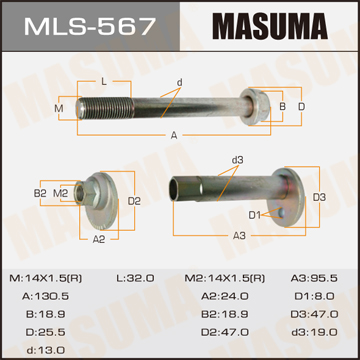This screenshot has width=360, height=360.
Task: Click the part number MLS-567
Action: pyautogui.click(x=90, y=26)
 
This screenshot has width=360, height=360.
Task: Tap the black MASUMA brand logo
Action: pyautogui.click(x=270, y=26)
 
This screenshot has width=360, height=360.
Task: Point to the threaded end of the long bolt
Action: pyautogui.click(x=105, y=107)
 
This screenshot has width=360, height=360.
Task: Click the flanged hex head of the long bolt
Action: pyautogui.click(x=252, y=107)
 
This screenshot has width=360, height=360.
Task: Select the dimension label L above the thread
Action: pyautogui.click(x=104, y=82)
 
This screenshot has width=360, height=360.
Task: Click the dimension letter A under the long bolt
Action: pyautogui.click(x=174, y=135)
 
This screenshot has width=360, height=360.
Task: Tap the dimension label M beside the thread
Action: pyautogui.click(x=59, y=108)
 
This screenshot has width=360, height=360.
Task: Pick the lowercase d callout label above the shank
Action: pyautogui.click(x=180, y=82)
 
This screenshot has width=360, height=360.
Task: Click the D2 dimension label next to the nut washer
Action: pyautogui.click(x=134, y=201)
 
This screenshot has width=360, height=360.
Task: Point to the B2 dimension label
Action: pyautogui.click(x=40, y=193)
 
